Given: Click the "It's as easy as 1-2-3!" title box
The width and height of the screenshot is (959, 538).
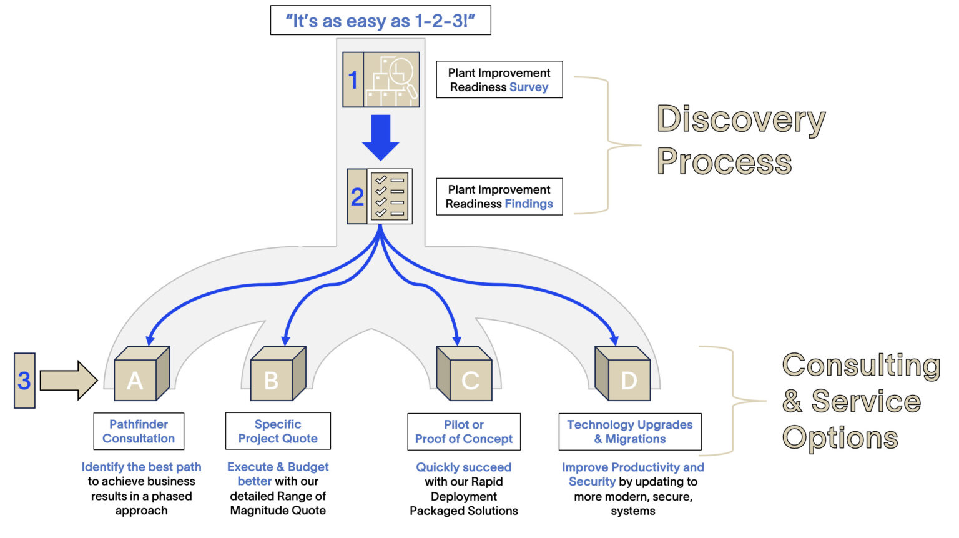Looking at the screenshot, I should point(380,21).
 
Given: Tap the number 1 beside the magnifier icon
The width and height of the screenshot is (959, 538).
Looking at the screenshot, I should point(353,80).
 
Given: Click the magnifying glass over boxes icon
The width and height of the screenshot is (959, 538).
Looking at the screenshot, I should point(391,80).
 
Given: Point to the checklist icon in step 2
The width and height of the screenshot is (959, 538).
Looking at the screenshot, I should point(390,196).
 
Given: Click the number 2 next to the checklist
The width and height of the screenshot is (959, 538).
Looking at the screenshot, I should point(357,197).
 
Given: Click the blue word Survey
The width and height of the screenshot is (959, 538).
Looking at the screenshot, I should point(529,87).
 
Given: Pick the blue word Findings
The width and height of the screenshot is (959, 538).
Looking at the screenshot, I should point(529,204).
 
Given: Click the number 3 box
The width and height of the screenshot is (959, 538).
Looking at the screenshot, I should point(24,381).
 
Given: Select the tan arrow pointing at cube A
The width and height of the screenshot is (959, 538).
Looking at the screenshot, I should point(68,380).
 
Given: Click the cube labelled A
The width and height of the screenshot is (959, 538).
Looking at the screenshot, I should point(141,375).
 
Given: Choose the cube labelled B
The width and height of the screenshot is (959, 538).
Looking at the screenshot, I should point(277,375).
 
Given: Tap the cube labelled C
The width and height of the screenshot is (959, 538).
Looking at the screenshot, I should point(465,375).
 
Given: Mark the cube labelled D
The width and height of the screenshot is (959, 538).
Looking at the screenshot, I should point(622,375).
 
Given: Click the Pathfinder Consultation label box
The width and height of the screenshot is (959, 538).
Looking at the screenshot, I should point(139,431).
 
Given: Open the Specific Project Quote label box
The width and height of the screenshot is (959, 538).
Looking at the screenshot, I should point(278,431).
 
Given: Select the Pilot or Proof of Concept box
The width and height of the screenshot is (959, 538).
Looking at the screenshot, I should point(464,432).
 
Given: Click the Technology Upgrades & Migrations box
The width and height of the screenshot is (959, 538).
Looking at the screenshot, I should point(629,432).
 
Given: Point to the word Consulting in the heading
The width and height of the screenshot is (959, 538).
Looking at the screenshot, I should point(861,365).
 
